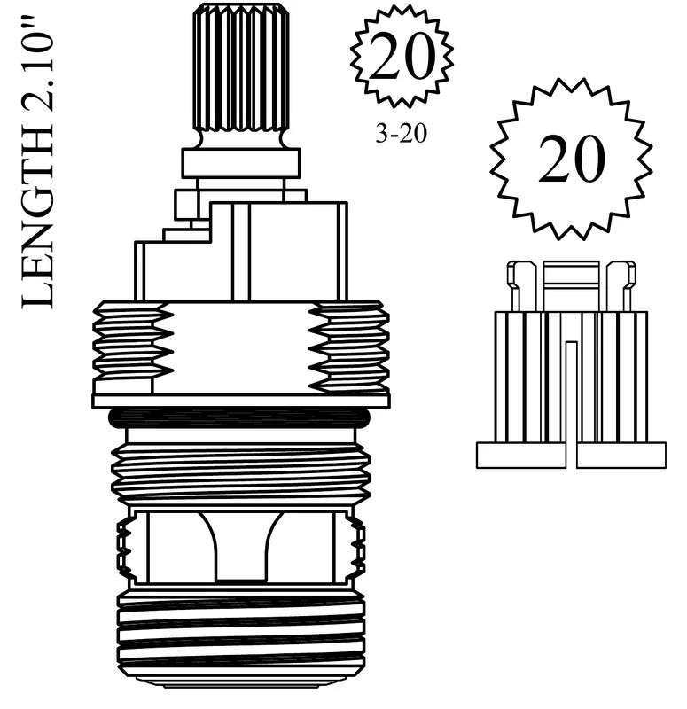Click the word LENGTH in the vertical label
pyautogui.click(x=38, y=220)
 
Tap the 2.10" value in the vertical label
pyautogui.click(x=38, y=69)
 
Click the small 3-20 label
pyautogui.click(x=402, y=134)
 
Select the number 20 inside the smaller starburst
pyautogui.click(x=402, y=57)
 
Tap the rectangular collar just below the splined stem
pyautogui.click(x=240, y=163)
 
